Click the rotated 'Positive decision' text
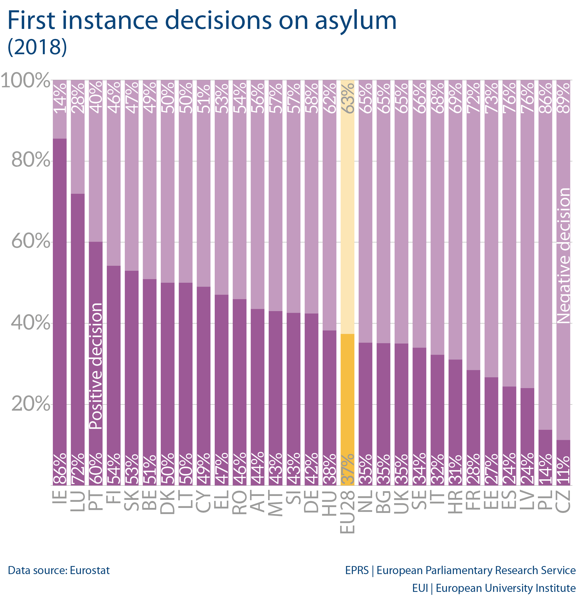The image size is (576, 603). [x=96, y=366]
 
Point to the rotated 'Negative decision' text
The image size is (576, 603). [x=564, y=255]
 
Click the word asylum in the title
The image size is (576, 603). [x=355, y=21]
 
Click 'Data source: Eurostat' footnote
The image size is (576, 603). [x=59, y=570]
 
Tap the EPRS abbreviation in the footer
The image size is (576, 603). [x=357, y=570]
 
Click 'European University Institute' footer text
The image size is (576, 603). [x=505, y=588]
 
